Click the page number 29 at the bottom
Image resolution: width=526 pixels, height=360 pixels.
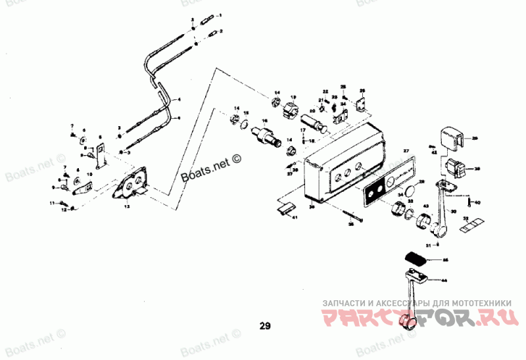[264, 325]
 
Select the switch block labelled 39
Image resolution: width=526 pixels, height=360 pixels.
[455, 168]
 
